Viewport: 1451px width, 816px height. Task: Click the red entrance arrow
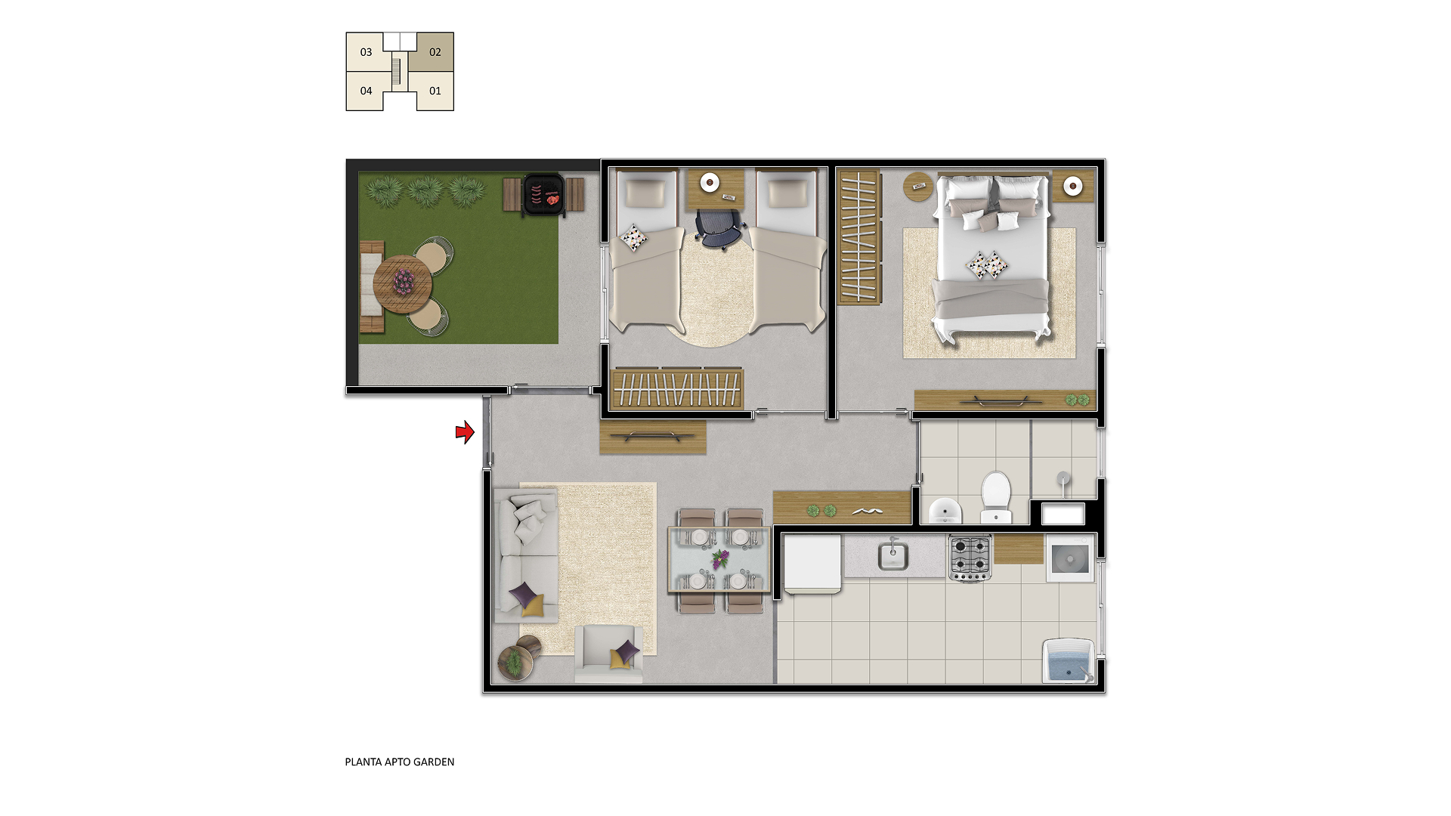pyautogui.click(x=465, y=432)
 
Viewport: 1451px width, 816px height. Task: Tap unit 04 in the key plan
pyautogui.click(x=366, y=91)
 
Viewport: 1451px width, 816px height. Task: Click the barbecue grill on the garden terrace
pyautogui.click(x=544, y=195)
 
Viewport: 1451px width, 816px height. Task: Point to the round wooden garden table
pyautogui.click(x=402, y=284)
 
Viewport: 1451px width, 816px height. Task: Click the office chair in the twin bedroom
pyautogui.click(x=719, y=228)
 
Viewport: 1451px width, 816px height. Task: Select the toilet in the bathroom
pyautogui.click(x=995, y=496)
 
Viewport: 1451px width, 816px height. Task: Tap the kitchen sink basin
pyautogui.click(x=893, y=556)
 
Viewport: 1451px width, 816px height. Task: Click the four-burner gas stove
pyautogui.click(x=970, y=558)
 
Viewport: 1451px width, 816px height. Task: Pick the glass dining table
pyautogui.click(x=719, y=559)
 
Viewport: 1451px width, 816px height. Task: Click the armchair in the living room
pyautogui.click(x=608, y=654)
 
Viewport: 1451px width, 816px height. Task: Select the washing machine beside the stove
pyautogui.click(x=1070, y=558)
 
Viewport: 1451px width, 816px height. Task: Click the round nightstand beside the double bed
pyautogui.click(x=918, y=187)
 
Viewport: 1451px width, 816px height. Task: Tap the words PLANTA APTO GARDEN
pyautogui.click(x=400, y=762)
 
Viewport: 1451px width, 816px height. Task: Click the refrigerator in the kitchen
pyautogui.click(x=812, y=564)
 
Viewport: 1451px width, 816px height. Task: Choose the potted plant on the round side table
pyautogui.click(x=514, y=663)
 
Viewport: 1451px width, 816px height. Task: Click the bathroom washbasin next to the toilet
pyautogui.click(x=945, y=511)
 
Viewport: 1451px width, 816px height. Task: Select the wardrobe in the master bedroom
pyautogui.click(x=860, y=236)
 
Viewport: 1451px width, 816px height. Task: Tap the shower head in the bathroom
pyautogui.click(x=1063, y=478)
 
